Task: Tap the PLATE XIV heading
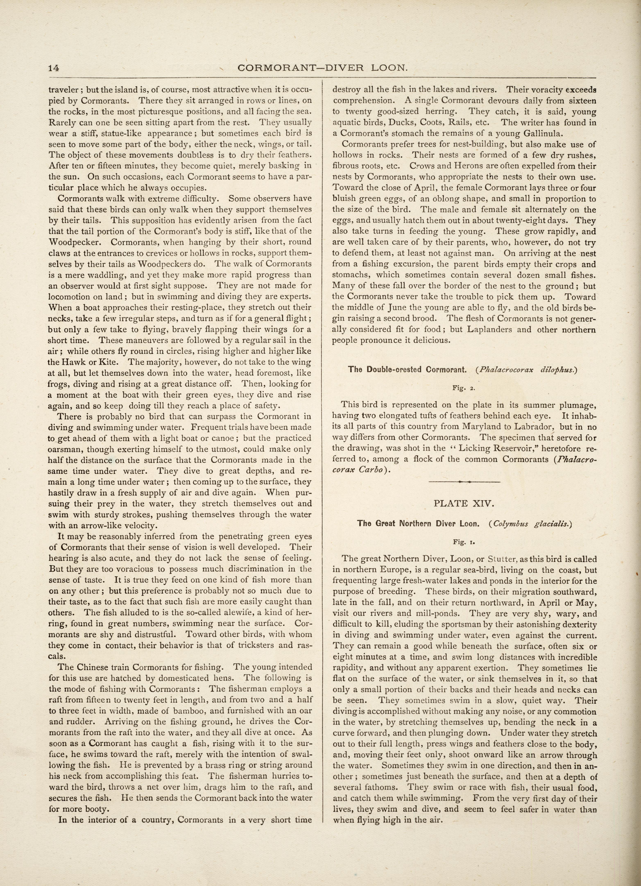pyautogui.click(x=464, y=504)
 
